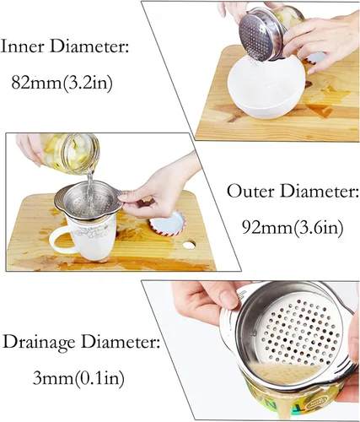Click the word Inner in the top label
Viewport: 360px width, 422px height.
(x=24, y=46)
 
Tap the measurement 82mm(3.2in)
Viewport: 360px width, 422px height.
(x=62, y=83)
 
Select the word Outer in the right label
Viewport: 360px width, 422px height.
(x=250, y=192)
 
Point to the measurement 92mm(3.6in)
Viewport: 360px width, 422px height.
(x=293, y=227)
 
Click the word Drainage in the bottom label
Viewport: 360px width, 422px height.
(x=39, y=344)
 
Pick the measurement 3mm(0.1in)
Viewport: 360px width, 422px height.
(x=78, y=378)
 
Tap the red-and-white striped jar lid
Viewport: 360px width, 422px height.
(x=168, y=221)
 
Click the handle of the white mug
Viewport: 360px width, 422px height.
(x=60, y=241)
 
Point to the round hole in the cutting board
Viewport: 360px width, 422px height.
(x=188, y=245)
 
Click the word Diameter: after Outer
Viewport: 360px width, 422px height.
(x=319, y=192)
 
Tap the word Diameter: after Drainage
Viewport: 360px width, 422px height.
(x=120, y=342)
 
